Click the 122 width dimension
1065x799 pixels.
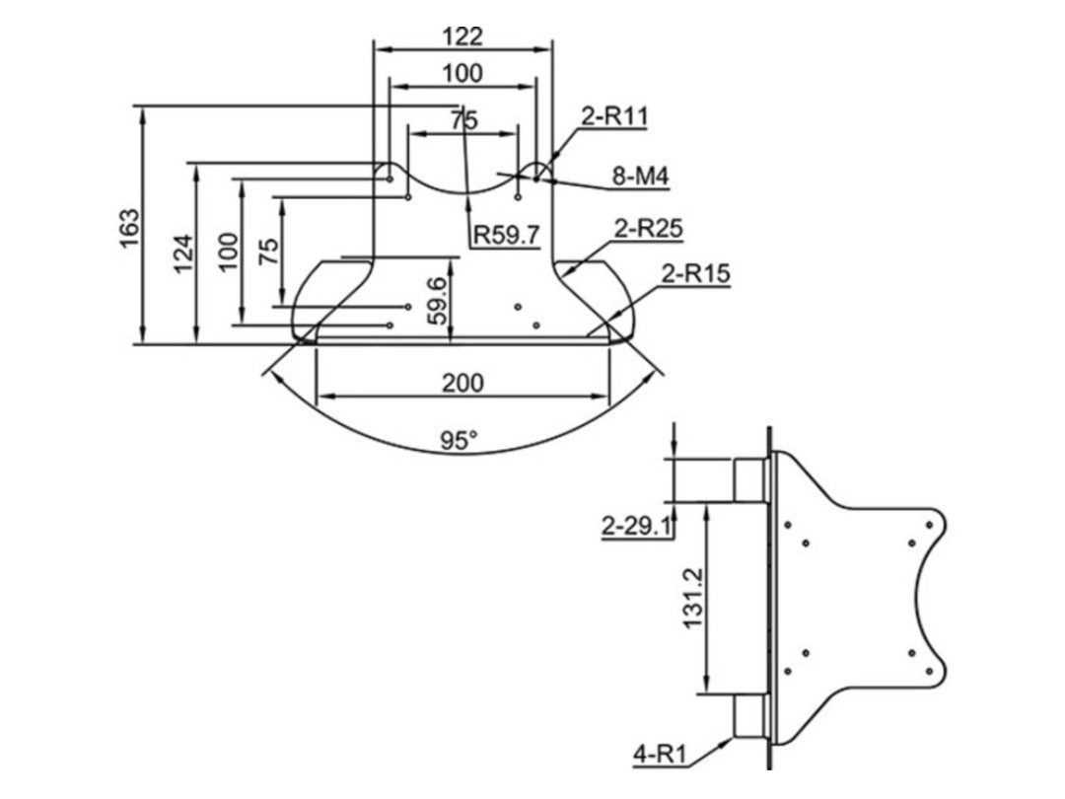point(462,36)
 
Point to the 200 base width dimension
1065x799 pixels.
point(462,382)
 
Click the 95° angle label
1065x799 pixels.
point(459,441)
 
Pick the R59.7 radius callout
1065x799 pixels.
point(507,235)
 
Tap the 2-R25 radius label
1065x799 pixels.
point(648,229)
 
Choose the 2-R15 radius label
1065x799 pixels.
point(695,273)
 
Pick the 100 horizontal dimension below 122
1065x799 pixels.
point(462,73)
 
